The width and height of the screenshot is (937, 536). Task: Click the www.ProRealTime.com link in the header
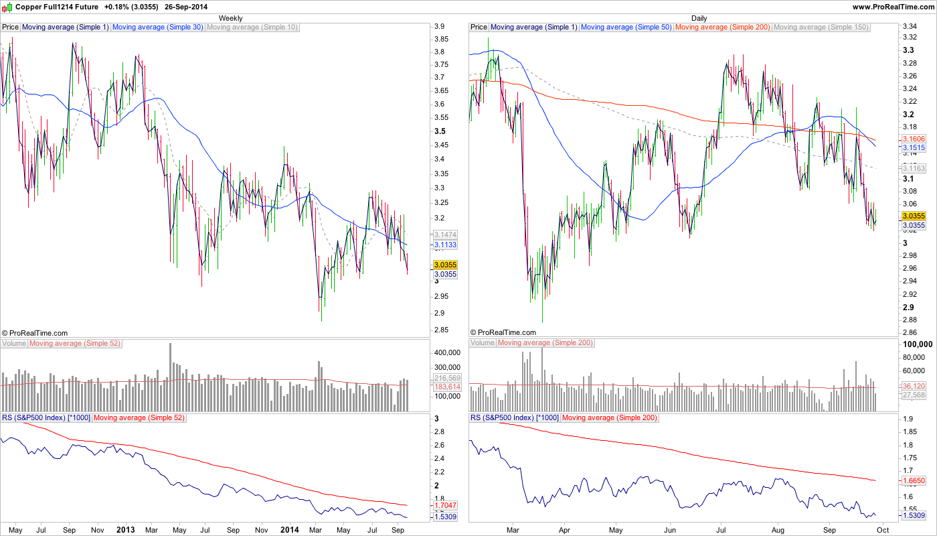coord(892,7)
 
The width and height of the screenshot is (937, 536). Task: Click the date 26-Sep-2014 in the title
coord(183,7)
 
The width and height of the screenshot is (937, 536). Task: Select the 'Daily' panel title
coord(699,18)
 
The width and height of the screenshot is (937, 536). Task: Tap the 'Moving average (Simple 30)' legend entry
coord(158,27)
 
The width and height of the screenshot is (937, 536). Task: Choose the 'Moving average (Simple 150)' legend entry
coord(821,27)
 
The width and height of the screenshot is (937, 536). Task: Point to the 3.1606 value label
coord(914,138)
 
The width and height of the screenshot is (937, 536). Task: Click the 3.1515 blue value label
coord(914,147)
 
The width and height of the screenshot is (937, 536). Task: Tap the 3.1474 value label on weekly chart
coord(445,235)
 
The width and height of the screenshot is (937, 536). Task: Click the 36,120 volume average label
coord(914,386)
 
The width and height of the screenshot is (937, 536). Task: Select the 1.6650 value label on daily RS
coord(914,481)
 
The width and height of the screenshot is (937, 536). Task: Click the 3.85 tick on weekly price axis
coord(440,40)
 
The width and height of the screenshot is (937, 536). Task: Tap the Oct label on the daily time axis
coord(883,530)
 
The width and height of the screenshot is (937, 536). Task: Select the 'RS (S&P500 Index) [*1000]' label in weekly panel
coord(46,418)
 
